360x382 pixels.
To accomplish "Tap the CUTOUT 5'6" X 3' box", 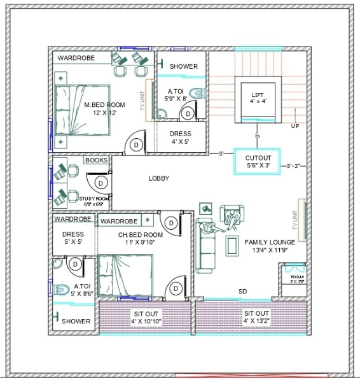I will pyautogui.click(x=258, y=162).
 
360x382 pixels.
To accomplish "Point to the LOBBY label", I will pyautogui.click(x=159, y=178).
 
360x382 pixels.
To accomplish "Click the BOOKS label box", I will pyautogui.click(x=96, y=160).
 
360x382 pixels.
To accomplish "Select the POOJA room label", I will pyautogui.click(x=297, y=279).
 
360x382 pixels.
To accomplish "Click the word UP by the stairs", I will pyautogui.click(x=295, y=126).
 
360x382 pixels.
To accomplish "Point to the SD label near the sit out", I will pyautogui.click(x=242, y=292).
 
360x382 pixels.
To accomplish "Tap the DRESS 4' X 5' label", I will pyautogui.click(x=180, y=138).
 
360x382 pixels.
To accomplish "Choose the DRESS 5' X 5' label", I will pyautogui.click(x=73, y=238).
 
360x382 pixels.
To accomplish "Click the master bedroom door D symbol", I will pyautogui.click(x=135, y=145).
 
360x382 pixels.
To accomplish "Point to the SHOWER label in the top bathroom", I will pyautogui.click(x=184, y=66).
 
